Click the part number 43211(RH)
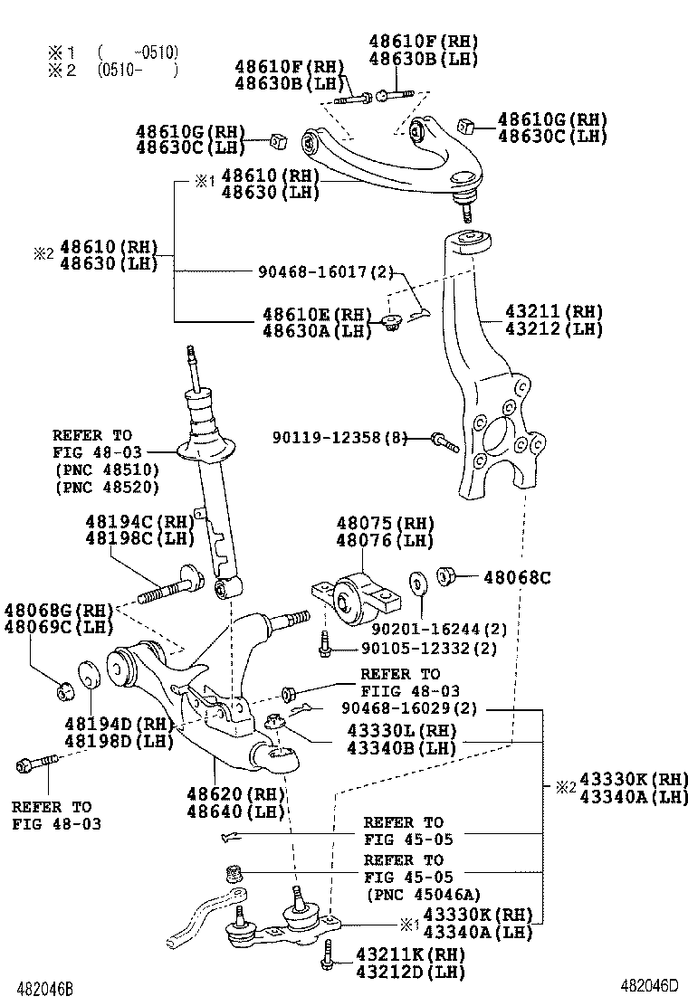pos(541,311)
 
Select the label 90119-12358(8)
pos(339,438)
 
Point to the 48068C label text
pos(516,576)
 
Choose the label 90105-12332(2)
pos(429,649)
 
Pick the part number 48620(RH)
pos(235,793)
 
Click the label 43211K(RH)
pos(409,954)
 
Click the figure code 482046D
pos(648,986)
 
